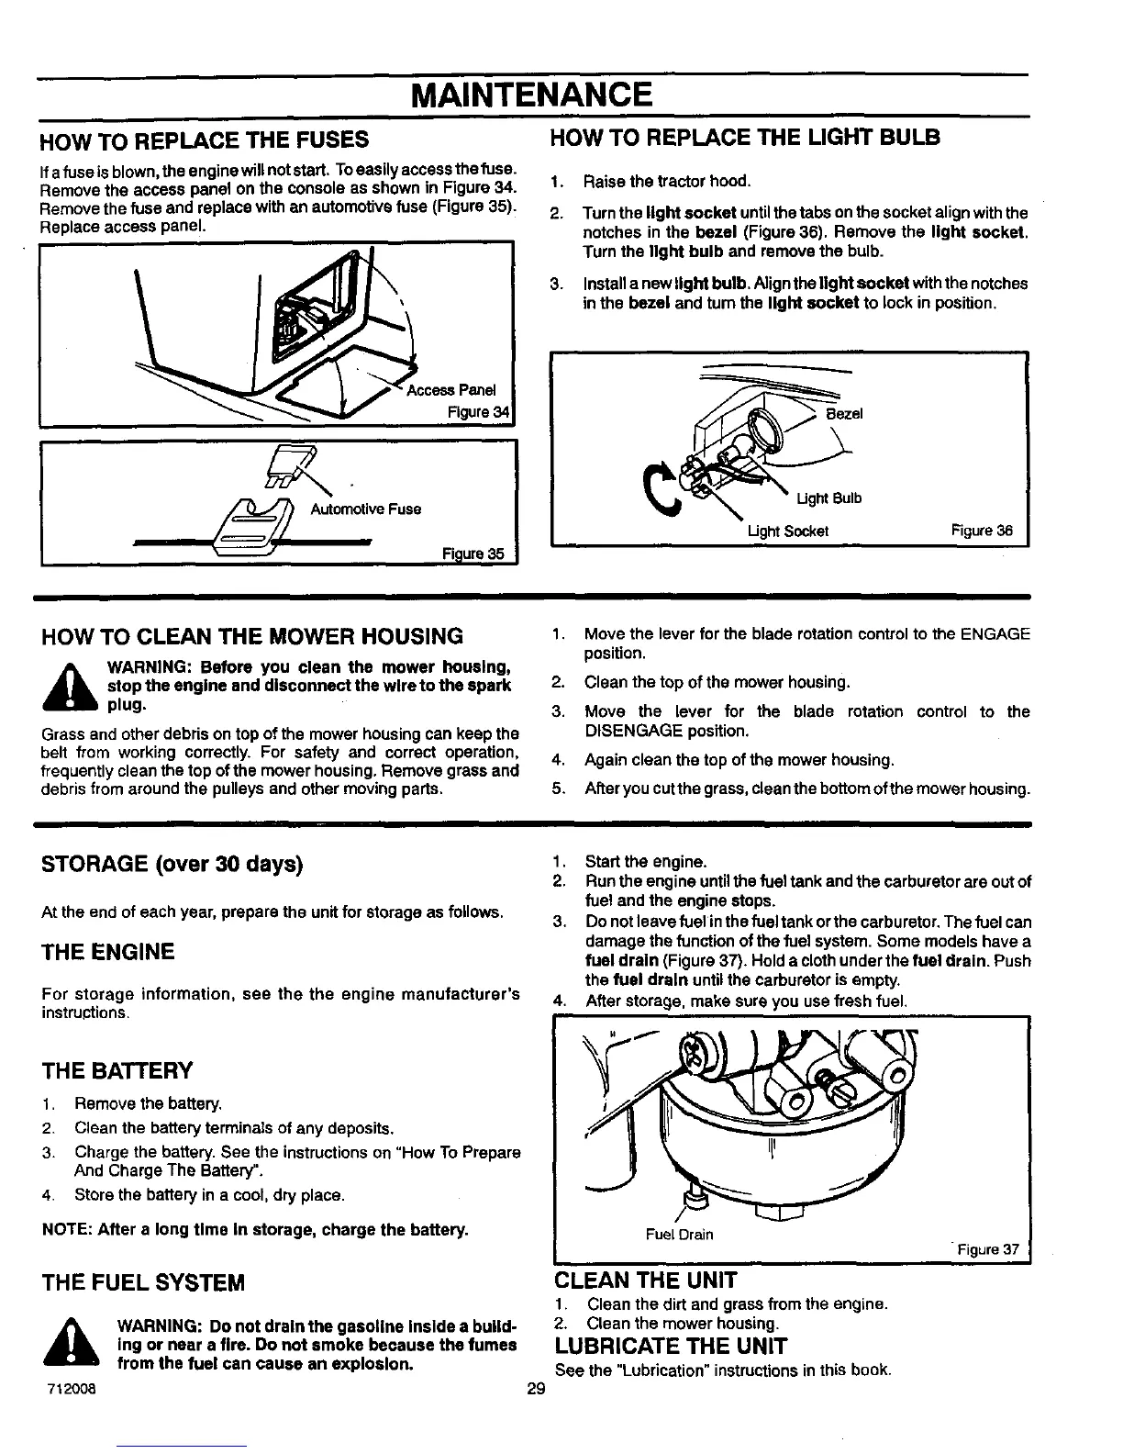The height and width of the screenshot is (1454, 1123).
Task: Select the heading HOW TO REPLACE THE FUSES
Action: pyautogui.click(x=205, y=140)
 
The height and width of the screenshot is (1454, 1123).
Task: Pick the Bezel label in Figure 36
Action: pyautogui.click(x=844, y=414)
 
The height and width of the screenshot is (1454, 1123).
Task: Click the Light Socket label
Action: pyautogui.click(x=788, y=531)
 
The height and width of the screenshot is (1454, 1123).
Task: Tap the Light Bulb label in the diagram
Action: pyautogui.click(x=828, y=498)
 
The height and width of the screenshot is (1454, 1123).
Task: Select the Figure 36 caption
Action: pyautogui.click(x=982, y=531)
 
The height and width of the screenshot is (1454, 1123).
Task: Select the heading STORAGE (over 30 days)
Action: pyautogui.click(x=172, y=865)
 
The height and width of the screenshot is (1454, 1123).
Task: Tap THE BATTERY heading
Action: pyautogui.click(x=117, y=1071)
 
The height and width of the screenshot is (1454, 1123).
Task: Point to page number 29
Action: pyautogui.click(x=537, y=1388)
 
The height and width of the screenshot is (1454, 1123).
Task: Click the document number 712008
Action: pyautogui.click(x=70, y=1387)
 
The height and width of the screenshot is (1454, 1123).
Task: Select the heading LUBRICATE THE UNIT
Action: pyautogui.click(x=671, y=1347)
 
